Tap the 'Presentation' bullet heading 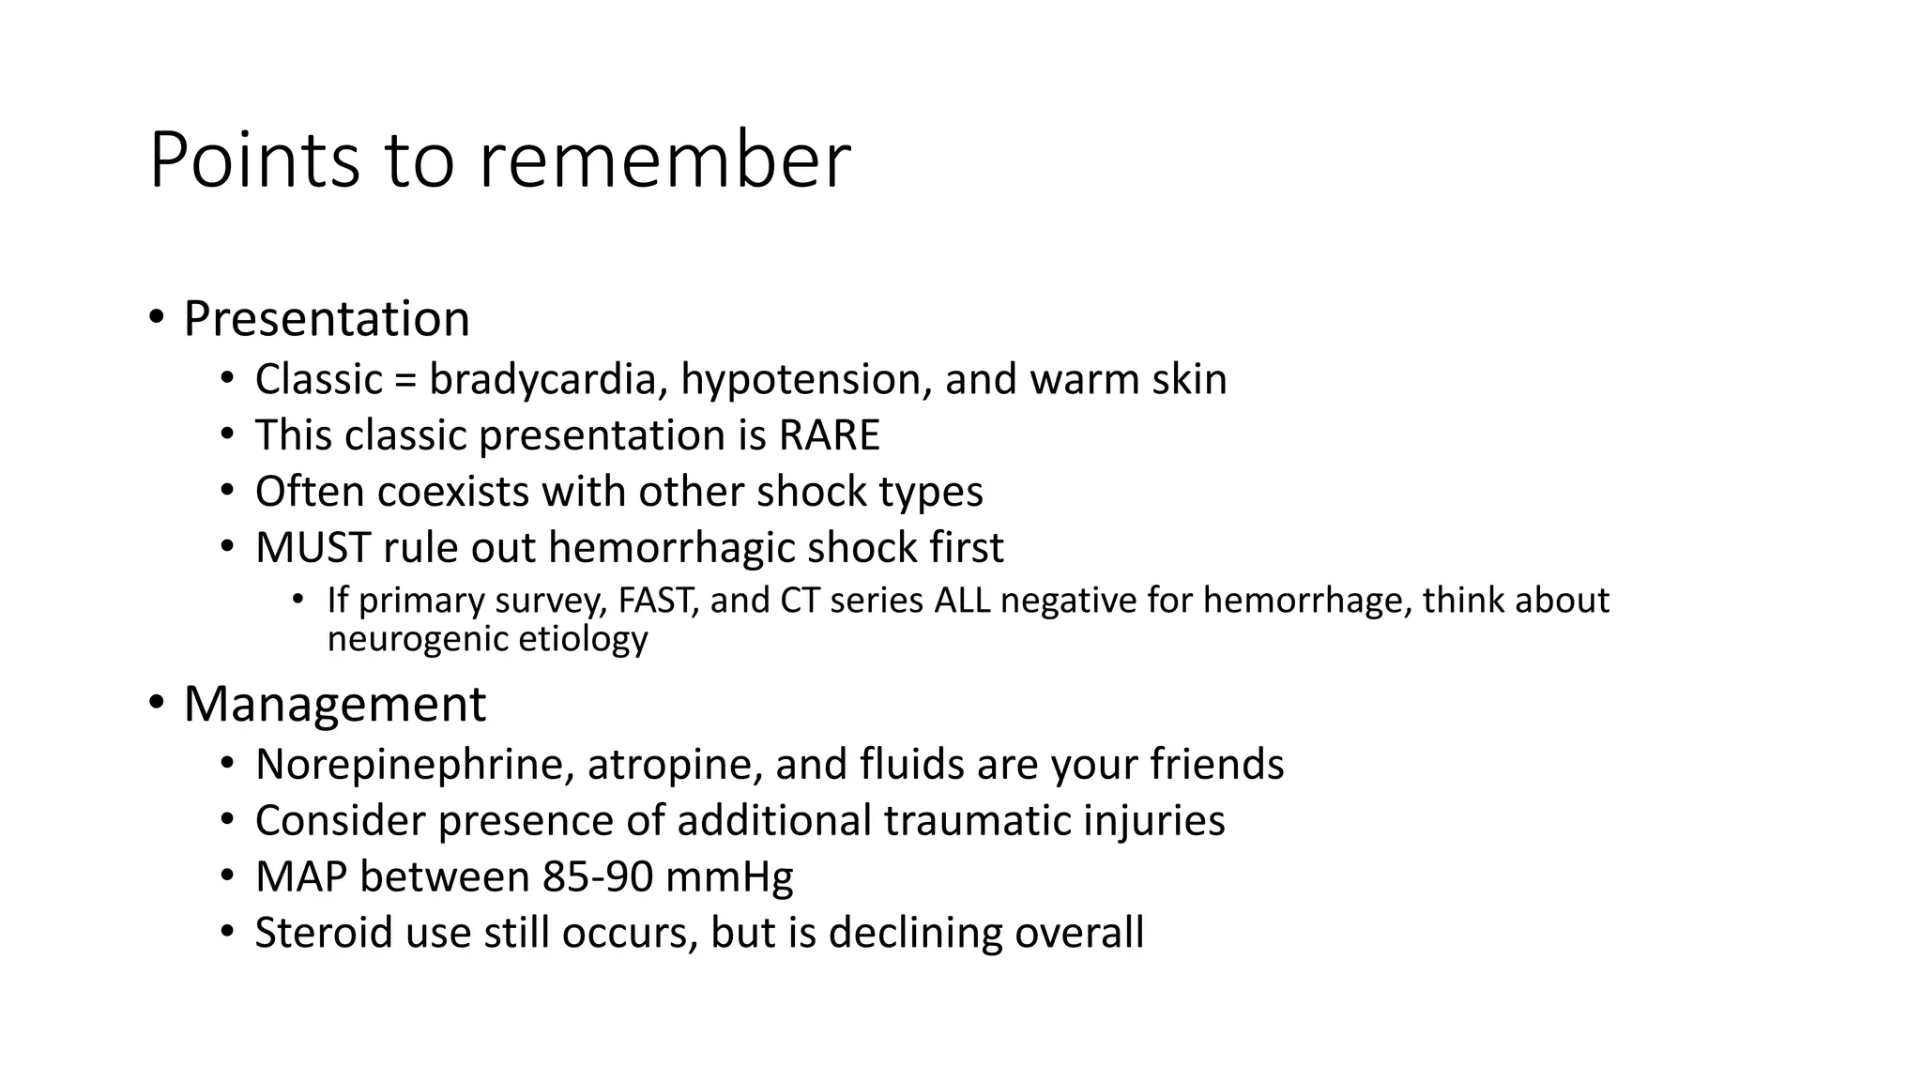[x=327, y=319]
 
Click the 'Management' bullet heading [x=335, y=704]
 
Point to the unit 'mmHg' [x=729, y=877]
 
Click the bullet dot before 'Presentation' [x=157, y=316]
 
